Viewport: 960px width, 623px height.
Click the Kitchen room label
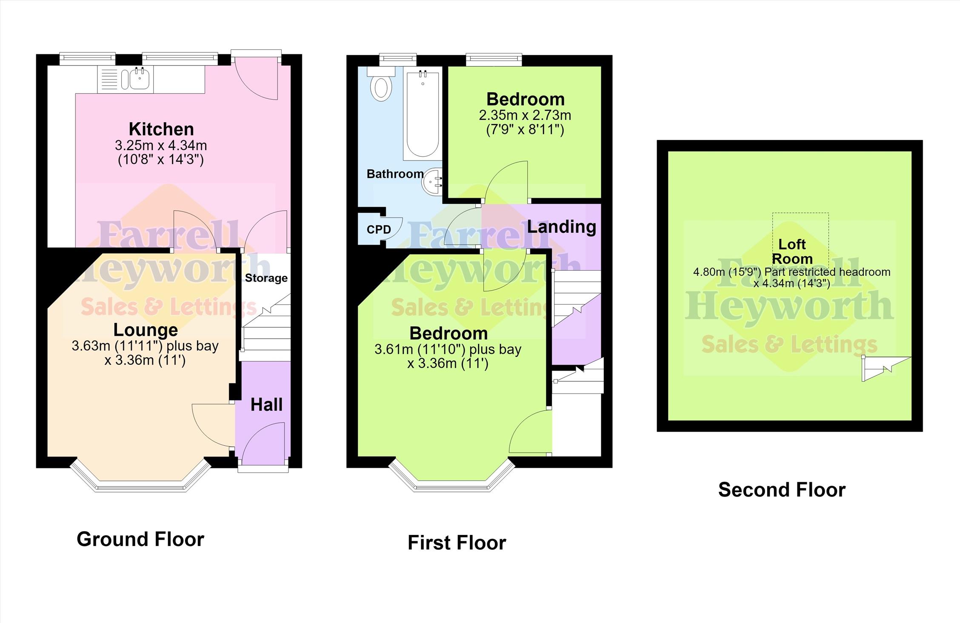coord(161,129)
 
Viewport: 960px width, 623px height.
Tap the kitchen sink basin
coord(139,79)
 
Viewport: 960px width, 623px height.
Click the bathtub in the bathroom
coord(423,114)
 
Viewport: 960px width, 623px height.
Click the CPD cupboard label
coord(379,230)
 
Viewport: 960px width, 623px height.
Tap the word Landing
coord(561,227)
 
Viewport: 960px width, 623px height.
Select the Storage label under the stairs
coord(266,278)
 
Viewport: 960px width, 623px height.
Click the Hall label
coord(266,405)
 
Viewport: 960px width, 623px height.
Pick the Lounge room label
coord(146,330)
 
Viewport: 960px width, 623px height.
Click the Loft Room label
coord(792,251)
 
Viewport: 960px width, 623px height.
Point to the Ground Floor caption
coord(140,539)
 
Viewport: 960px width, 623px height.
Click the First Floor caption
coord(457,543)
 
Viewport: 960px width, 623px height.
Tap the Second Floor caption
coord(782,490)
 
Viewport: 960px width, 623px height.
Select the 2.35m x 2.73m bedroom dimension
coord(525,115)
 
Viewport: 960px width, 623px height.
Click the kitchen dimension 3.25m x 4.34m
coord(161,146)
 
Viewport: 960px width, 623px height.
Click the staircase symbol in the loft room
coord(886,369)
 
